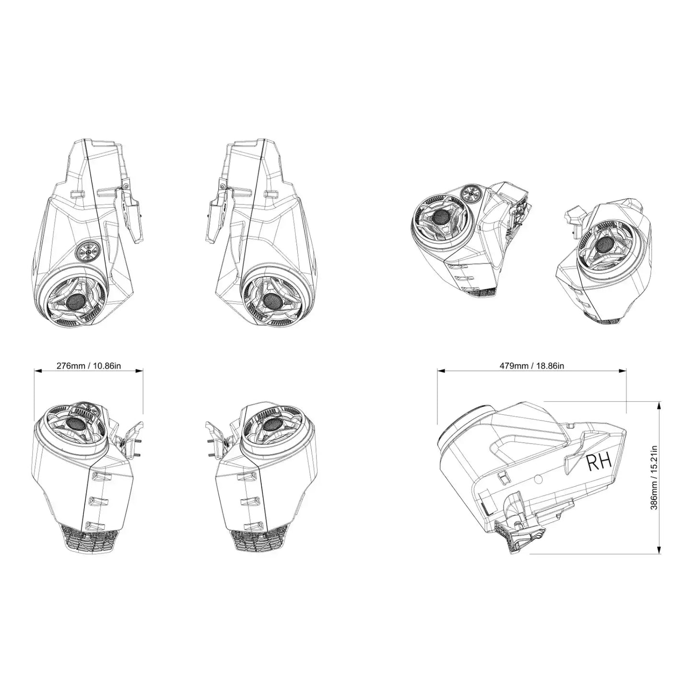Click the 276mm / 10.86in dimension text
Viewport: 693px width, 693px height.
pyautogui.click(x=89, y=365)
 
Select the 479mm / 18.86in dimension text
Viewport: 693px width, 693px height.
pyautogui.click(x=531, y=365)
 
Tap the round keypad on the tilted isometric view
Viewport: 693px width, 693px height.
pyautogui.click(x=470, y=194)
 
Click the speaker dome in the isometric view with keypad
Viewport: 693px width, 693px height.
pyautogui.click(x=441, y=217)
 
